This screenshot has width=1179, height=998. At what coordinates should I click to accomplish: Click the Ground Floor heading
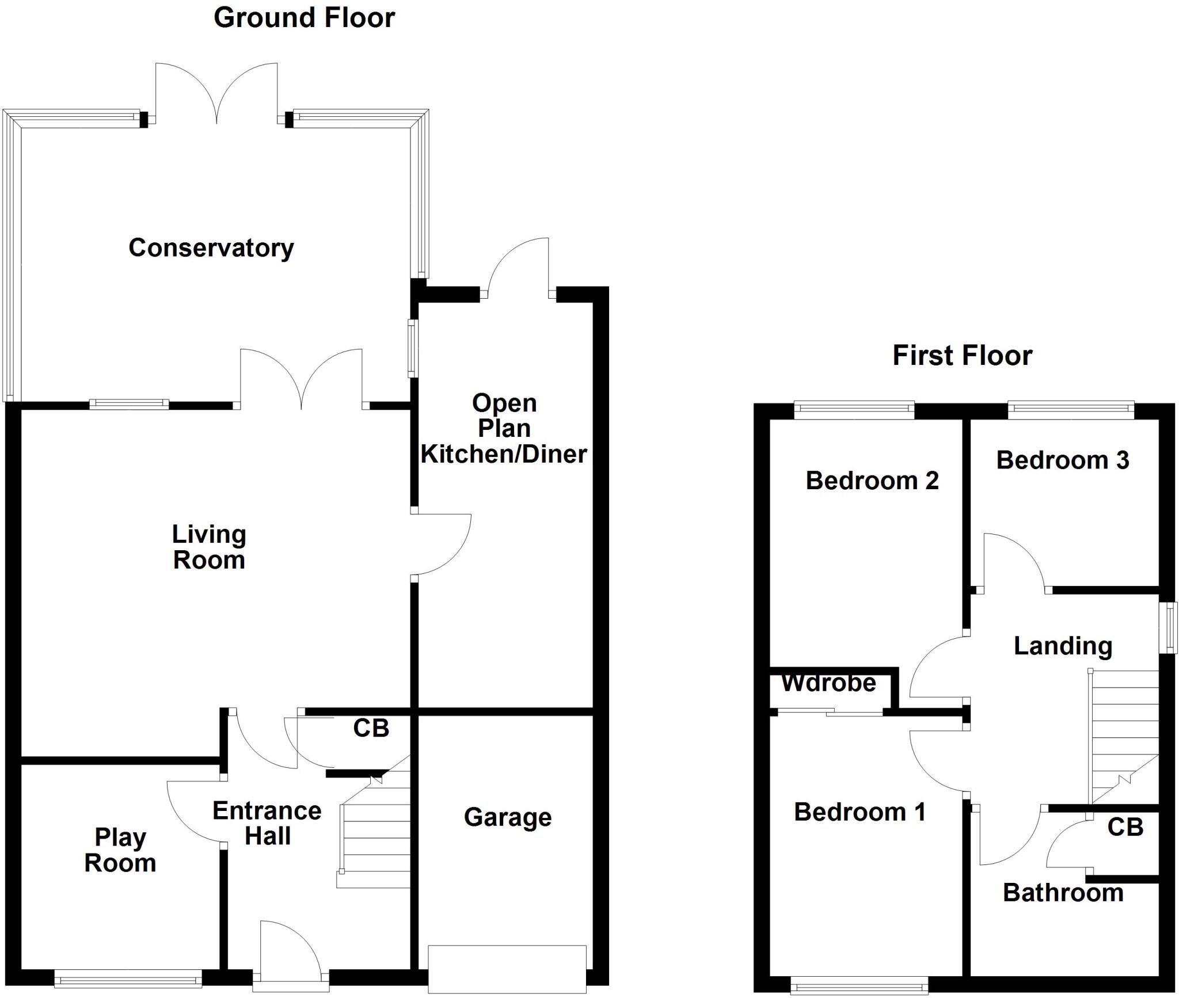(x=304, y=18)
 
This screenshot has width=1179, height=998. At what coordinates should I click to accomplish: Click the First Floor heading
(x=962, y=356)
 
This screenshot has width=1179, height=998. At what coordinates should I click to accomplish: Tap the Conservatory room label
(x=211, y=248)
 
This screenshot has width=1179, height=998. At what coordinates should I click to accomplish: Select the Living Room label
(x=209, y=547)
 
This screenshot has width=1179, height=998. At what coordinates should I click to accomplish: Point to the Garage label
(x=507, y=817)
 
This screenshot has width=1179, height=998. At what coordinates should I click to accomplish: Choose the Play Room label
(x=120, y=850)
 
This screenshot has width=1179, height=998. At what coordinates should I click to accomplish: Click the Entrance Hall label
(x=267, y=824)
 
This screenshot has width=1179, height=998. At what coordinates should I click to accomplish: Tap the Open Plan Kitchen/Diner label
(x=504, y=429)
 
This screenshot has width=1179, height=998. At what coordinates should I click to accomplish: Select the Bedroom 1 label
(x=859, y=812)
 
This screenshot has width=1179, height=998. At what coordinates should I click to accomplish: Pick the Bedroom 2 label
(x=872, y=481)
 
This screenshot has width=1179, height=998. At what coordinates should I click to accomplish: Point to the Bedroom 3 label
(x=1062, y=460)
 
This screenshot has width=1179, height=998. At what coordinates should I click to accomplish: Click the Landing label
(x=1063, y=646)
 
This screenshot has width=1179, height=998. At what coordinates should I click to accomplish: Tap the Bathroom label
(x=1063, y=893)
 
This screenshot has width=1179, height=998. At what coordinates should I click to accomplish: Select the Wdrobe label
(x=828, y=683)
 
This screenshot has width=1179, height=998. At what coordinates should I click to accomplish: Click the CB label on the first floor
(x=1125, y=827)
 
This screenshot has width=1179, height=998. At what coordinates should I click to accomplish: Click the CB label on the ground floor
(x=371, y=729)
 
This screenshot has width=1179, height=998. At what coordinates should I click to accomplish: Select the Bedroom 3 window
(x=1071, y=409)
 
